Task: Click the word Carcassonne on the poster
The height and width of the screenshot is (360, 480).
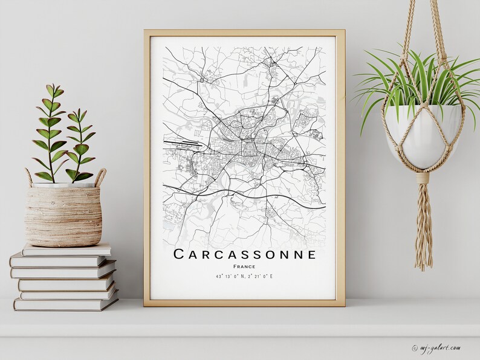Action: point(244,254)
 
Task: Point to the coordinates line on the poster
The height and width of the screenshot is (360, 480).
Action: point(244,277)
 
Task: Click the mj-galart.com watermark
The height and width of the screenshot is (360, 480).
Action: point(441,347)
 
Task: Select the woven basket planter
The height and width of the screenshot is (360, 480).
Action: point(63,215)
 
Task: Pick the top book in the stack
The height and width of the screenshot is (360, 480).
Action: point(66,250)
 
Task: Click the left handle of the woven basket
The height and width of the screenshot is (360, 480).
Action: point(28,178)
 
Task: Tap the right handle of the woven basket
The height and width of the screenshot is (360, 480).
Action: point(100,177)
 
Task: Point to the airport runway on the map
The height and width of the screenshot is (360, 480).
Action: point(182,144)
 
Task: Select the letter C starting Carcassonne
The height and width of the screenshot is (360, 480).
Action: point(179,254)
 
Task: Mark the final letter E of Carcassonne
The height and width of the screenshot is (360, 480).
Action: point(311,254)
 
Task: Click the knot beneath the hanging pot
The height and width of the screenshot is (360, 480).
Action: point(423,178)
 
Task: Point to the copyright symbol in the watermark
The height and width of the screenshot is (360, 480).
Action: point(415,348)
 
